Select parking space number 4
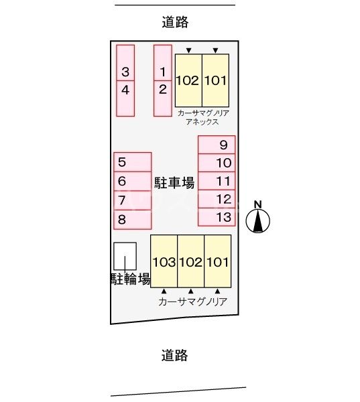coord(125,90)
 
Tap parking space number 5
coord(132,161)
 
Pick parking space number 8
coord(132,218)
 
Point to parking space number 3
coord(125,71)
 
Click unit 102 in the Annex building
coord(188,80)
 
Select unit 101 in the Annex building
coord(215,80)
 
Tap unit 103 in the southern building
coord(164,261)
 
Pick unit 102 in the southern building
coord(191,261)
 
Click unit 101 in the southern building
coord(217,261)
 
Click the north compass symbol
coord(257,220)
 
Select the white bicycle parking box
coord(125,256)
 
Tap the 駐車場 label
coord(174,182)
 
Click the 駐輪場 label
coord(130,279)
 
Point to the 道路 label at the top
coord(176,22)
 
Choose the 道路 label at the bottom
coord(175,355)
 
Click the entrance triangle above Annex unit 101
coord(215,50)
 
